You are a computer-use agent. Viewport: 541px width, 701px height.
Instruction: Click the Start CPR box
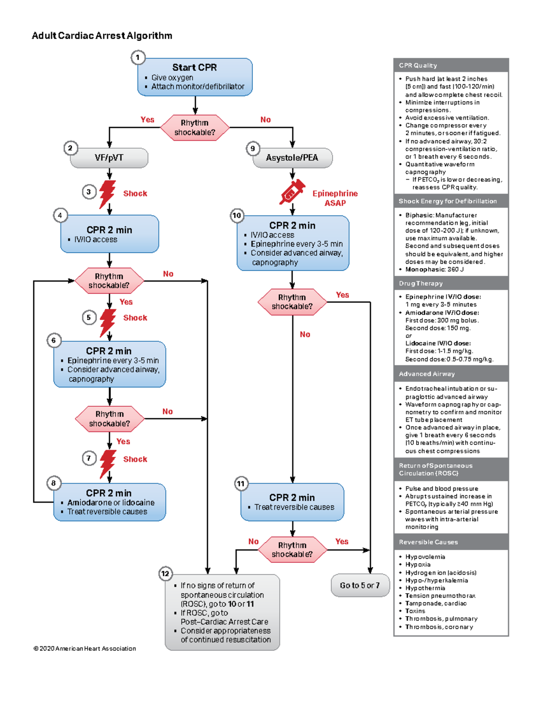click(x=195, y=77)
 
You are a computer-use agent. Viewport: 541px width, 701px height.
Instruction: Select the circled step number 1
click(x=138, y=57)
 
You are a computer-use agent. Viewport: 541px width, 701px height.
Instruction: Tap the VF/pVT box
click(x=109, y=158)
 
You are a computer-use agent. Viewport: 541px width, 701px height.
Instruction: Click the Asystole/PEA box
click(x=292, y=158)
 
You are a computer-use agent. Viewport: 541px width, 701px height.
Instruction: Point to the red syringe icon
click(x=292, y=192)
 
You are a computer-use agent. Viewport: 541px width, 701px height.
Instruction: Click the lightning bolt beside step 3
click(x=107, y=194)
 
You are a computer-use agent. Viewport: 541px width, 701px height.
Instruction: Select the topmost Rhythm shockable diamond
click(x=195, y=128)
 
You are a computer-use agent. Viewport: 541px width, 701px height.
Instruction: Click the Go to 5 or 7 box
click(x=360, y=585)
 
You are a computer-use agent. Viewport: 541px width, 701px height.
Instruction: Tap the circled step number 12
click(x=165, y=574)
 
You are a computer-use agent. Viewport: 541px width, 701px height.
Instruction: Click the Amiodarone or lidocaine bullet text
click(x=110, y=502)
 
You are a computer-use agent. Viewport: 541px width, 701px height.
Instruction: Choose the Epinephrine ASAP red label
click(x=335, y=198)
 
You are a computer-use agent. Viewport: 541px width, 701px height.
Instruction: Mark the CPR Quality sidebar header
click(x=418, y=65)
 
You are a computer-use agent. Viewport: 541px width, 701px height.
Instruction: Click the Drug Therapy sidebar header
click(x=421, y=283)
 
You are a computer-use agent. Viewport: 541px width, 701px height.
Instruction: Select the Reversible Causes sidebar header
click(x=428, y=542)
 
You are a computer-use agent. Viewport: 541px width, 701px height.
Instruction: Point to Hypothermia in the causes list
click(x=425, y=588)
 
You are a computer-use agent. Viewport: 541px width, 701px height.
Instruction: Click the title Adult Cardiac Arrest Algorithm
click(x=102, y=36)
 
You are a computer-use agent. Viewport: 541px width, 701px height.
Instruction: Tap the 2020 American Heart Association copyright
click(x=85, y=649)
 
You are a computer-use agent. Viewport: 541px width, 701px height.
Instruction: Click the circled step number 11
click(x=241, y=484)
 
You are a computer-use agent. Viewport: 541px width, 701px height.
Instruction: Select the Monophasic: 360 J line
click(x=434, y=269)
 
